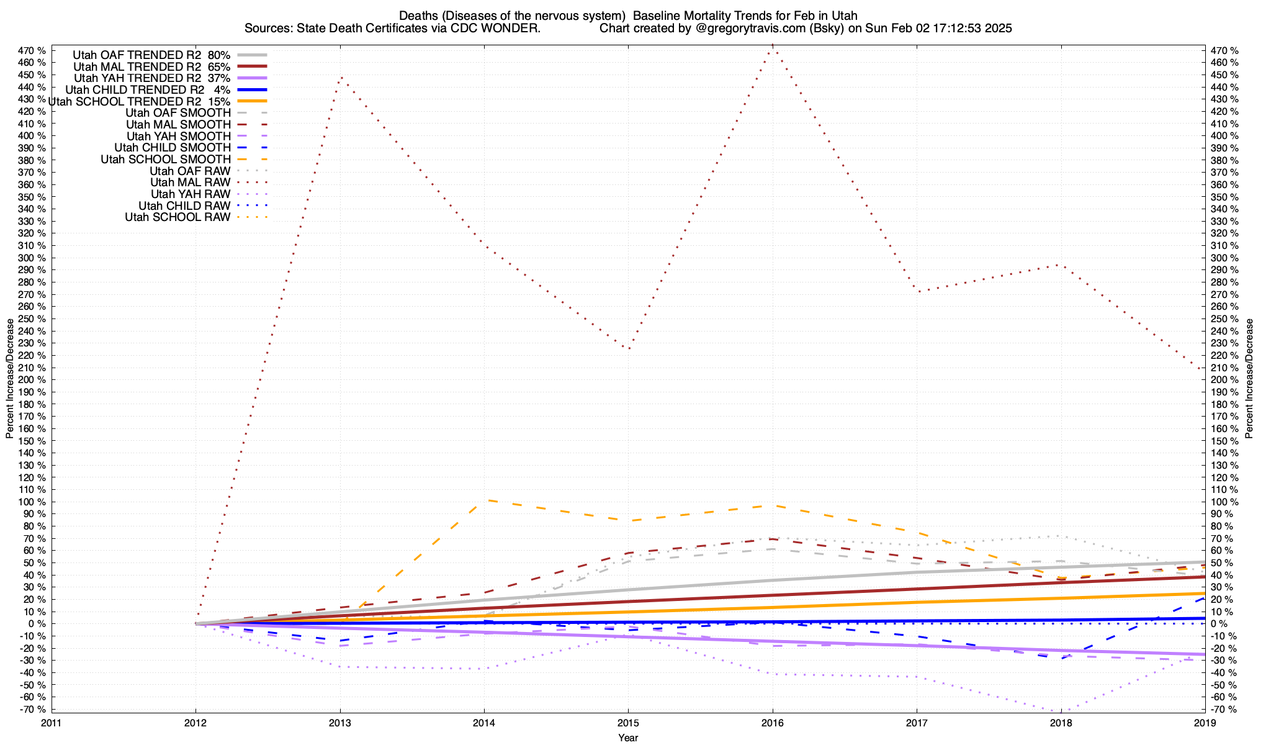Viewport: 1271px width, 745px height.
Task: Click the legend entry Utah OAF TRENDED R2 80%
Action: click(151, 55)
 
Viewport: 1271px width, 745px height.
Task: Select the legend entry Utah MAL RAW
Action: click(190, 183)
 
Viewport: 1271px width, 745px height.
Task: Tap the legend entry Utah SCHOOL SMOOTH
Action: click(166, 160)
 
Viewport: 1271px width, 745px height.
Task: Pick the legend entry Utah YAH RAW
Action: click(191, 194)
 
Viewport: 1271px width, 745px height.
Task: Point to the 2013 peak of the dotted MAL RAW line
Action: click(340, 77)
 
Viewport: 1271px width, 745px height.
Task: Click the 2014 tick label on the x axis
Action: click(484, 723)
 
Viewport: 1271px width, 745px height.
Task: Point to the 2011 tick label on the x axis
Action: click(52, 723)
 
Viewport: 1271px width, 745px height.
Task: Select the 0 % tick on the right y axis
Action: click(1219, 624)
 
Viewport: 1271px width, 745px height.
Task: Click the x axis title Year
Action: click(628, 738)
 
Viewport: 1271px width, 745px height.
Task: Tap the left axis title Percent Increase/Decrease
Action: click(9, 379)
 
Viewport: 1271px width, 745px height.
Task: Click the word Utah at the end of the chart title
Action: click(845, 16)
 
